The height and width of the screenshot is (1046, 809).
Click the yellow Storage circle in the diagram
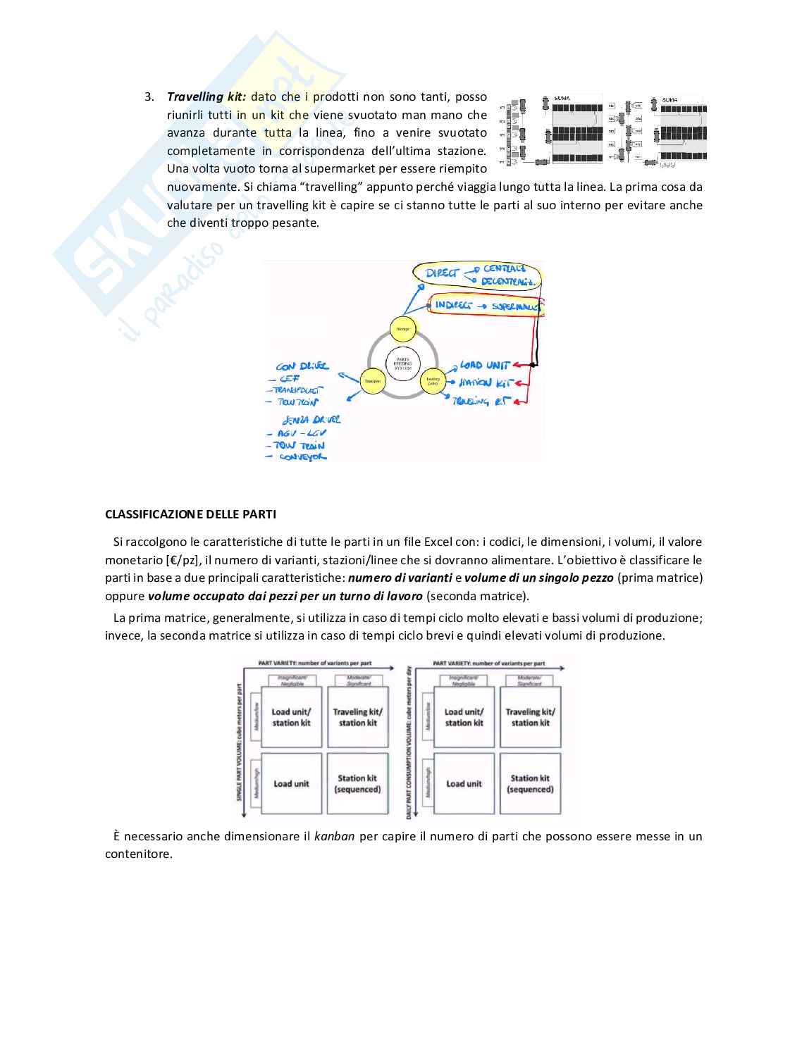click(x=403, y=328)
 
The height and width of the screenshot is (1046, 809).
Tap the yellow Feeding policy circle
click(x=433, y=380)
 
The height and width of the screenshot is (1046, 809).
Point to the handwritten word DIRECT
click(x=443, y=273)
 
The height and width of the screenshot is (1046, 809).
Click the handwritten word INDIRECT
click(x=454, y=305)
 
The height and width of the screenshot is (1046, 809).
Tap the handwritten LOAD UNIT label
click(x=484, y=366)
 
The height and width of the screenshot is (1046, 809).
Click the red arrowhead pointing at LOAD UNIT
click(x=517, y=366)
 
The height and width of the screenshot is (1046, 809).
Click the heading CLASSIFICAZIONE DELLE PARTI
click(x=190, y=514)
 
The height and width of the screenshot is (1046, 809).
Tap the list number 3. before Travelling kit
click(x=149, y=96)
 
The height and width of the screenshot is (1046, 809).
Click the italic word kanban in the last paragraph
click(x=334, y=837)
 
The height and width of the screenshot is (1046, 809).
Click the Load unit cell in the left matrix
click(x=291, y=784)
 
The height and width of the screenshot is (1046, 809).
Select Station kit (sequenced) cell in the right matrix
click(x=530, y=784)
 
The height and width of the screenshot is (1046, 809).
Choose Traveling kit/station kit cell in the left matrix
click(x=357, y=717)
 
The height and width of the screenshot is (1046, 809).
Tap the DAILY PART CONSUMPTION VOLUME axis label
click(x=409, y=743)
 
